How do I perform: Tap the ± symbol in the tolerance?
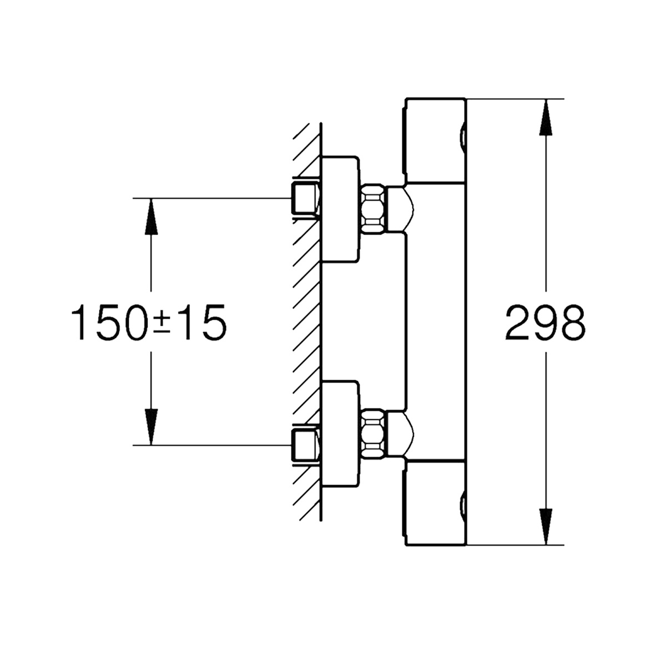point(161,322)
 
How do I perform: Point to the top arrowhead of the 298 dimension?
point(547,117)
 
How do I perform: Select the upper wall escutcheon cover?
point(340,209)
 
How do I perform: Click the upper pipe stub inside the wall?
point(304,198)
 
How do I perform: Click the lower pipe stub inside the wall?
point(304,445)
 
